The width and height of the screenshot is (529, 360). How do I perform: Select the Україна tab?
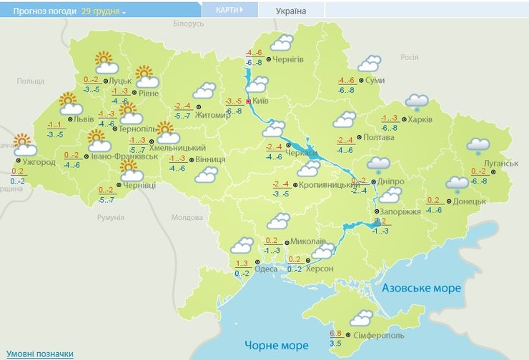click(x=290, y=11)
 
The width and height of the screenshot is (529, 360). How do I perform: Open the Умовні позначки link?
click(x=40, y=354)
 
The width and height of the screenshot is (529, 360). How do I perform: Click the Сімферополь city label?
click(x=378, y=335)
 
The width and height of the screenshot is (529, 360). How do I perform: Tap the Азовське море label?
click(x=421, y=288)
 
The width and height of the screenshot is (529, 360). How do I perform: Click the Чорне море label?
click(x=276, y=346)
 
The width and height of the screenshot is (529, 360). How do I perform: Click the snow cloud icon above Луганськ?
click(x=478, y=146)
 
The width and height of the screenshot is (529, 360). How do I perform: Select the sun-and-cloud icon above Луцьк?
click(x=105, y=63)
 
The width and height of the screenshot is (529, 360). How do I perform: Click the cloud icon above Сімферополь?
click(x=361, y=318)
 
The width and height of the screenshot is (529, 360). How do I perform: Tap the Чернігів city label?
click(x=289, y=59)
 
